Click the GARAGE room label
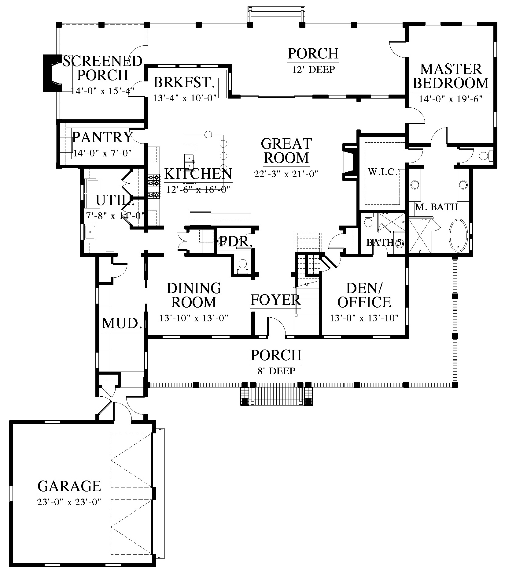[x=69, y=486]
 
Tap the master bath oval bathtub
[x=458, y=235]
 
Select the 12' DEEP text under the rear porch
[x=314, y=69]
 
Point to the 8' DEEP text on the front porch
[x=276, y=371]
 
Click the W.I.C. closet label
[x=382, y=172]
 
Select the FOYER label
[x=275, y=300]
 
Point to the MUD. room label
[x=122, y=324]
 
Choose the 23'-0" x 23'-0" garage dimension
[x=69, y=502]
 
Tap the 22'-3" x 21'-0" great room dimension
[x=286, y=174]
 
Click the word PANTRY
[x=102, y=137]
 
